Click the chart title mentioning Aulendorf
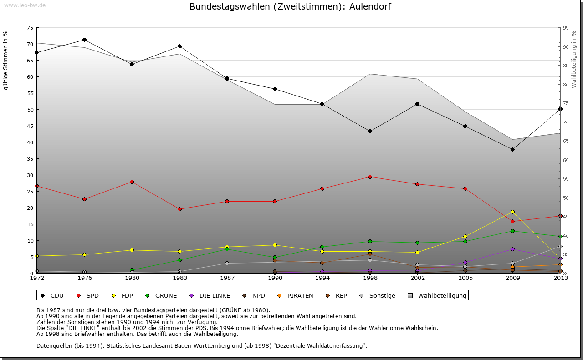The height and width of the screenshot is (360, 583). point(290,6)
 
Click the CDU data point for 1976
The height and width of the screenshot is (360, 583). point(84,40)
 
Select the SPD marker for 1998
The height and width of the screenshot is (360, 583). point(370,177)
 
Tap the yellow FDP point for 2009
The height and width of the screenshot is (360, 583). point(512,212)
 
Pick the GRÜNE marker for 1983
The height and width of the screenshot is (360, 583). point(179,260)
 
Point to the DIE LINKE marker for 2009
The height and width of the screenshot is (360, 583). point(512,249)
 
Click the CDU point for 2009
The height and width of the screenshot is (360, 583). point(512,149)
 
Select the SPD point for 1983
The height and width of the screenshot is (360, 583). point(179,209)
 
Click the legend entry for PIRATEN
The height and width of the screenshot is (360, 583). point(300,295)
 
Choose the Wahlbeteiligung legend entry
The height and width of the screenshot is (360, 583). point(442,295)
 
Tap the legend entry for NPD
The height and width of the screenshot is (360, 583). point(258,295)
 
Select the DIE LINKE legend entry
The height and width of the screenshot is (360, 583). point(214,295)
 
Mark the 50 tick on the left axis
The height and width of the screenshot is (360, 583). point(30,110)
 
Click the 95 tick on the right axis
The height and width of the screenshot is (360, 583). point(566,28)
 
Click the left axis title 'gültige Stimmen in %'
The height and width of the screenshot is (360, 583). point(5,60)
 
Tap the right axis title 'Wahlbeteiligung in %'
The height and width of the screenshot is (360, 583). point(573,59)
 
